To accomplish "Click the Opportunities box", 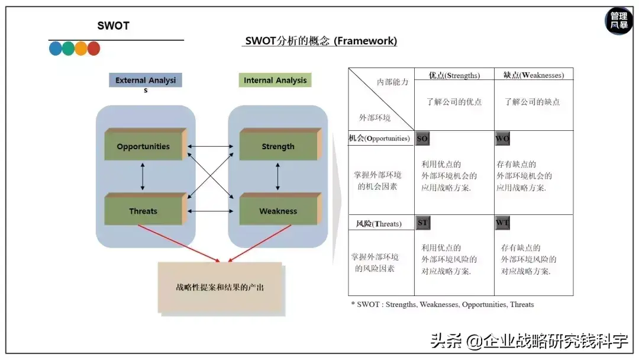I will tap(143, 146).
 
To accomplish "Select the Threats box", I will tap(143, 211).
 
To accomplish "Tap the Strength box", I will tap(277, 146).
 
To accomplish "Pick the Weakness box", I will tap(277, 211).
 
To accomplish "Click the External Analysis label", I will tap(146, 81).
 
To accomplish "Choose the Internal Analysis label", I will tap(275, 81).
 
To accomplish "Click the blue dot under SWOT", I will tap(56, 49).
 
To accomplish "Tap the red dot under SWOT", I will tap(93, 49).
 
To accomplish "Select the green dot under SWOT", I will tap(68, 49).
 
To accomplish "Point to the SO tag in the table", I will tap(422, 139).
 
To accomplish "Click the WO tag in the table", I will tap(502, 139).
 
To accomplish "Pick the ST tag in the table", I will tap(422, 223).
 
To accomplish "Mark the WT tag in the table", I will tap(502, 223).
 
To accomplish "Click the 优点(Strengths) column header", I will tap(454, 75).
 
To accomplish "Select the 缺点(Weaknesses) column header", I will tap(534, 75).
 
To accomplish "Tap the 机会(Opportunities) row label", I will tap(379, 139).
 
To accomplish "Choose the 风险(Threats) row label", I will tap(379, 224).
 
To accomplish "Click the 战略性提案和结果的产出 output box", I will tap(220, 287).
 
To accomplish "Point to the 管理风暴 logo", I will tap(619, 21).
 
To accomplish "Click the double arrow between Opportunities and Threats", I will tap(143, 176).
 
